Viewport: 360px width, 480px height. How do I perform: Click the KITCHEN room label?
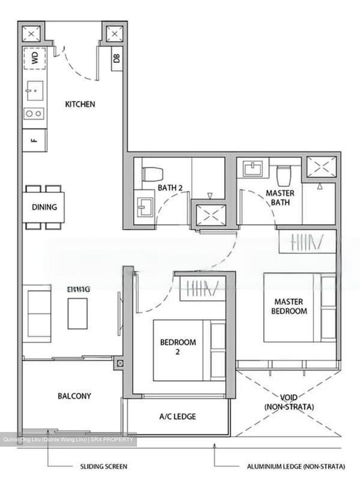[80, 104]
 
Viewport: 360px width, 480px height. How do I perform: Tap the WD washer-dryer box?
[35, 58]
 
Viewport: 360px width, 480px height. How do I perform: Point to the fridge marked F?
[35, 140]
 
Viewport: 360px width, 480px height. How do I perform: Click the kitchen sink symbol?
[35, 91]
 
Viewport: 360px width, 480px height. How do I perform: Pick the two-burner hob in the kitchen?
[35, 114]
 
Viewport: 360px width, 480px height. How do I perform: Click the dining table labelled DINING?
[44, 207]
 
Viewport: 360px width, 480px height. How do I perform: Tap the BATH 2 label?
[170, 188]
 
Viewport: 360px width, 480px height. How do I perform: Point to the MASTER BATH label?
[280, 198]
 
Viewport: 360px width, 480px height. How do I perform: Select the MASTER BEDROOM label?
[289, 306]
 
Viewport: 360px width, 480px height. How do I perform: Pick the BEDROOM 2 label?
[178, 347]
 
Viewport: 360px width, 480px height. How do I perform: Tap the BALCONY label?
[74, 396]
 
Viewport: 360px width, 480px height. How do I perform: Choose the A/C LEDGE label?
[178, 416]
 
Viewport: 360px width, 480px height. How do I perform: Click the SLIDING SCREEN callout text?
[103, 466]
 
